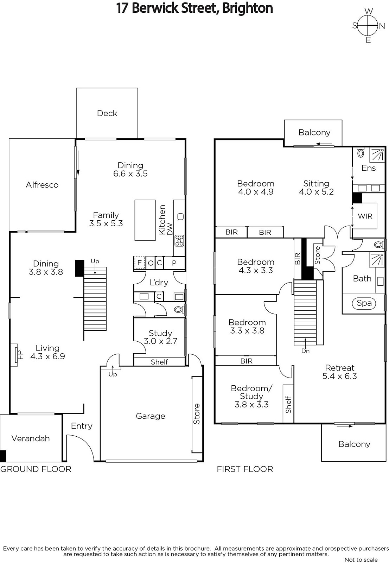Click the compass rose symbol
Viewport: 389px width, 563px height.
tap(368, 26)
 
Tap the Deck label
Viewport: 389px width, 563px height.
tap(107, 113)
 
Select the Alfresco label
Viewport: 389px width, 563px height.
tap(42, 185)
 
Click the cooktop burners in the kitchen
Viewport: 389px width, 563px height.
tap(179, 241)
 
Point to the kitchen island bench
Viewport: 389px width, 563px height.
tap(145, 220)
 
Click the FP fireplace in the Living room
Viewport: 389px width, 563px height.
tap(15, 355)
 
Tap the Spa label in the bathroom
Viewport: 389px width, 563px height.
tap(364, 303)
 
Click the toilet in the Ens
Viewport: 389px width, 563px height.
tap(361, 153)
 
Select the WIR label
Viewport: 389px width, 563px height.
tap(365, 216)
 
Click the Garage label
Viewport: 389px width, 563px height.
tap(150, 416)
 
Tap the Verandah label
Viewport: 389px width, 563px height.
tap(31, 438)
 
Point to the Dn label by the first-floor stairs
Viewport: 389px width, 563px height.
tap(305, 351)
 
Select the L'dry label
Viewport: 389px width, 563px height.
tap(159, 283)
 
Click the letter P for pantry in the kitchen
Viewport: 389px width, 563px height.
tap(174, 263)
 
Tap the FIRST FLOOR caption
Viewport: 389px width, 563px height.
tap(245, 469)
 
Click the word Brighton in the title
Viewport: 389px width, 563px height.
tap(247, 8)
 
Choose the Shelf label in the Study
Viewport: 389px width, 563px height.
tap(159, 362)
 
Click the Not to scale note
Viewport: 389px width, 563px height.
tap(361, 559)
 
